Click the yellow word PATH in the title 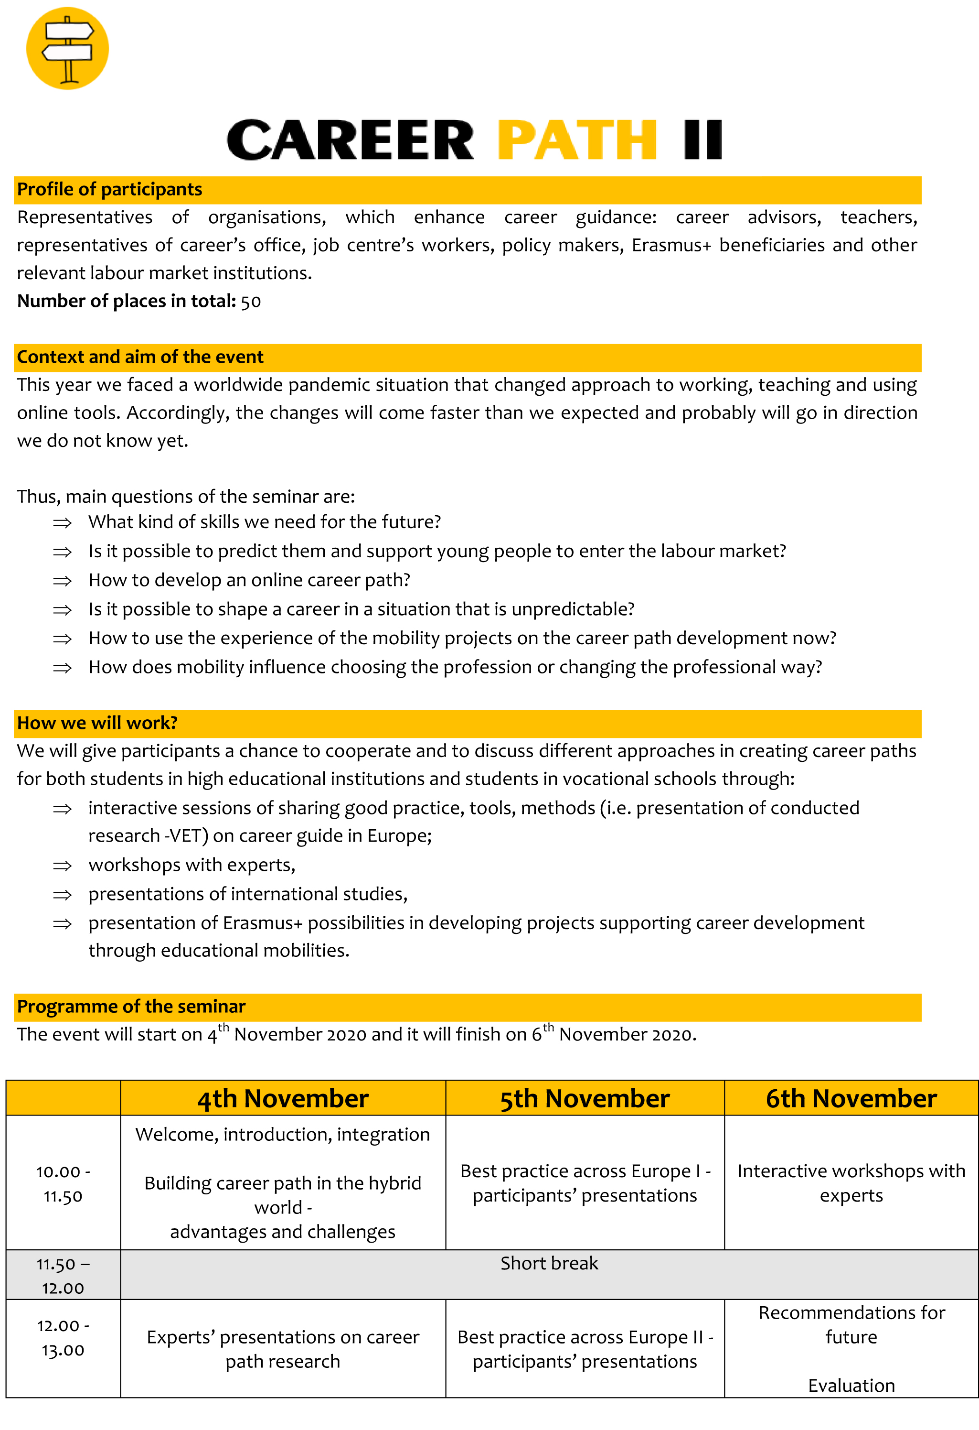point(577,141)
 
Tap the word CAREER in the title point(350,141)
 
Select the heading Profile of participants point(109,190)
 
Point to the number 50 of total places point(251,302)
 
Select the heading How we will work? point(97,723)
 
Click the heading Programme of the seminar point(131,1007)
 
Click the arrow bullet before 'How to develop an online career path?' point(62,581)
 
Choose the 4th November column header point(283,1098)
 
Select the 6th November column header point(851,1098)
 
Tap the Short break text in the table point(549,1263)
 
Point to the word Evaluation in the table point(851,1385)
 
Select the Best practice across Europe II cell point(585,1349)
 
